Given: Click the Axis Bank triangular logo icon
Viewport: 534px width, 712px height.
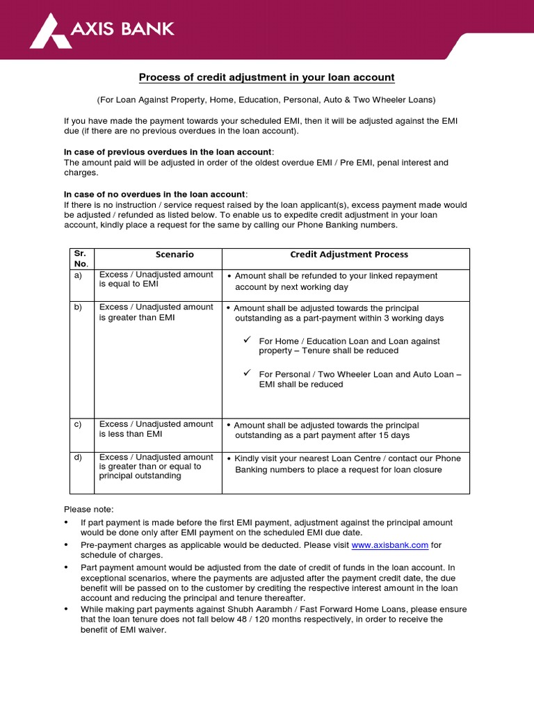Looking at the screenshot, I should click(49, 31).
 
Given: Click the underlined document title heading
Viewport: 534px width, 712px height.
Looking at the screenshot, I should click(267, 77).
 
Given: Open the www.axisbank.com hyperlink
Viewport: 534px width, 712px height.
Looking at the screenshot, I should click(390, 545).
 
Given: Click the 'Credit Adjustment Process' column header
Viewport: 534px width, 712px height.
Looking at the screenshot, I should click(349, 255).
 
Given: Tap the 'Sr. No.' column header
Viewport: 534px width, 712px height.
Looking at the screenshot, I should click(81, 259).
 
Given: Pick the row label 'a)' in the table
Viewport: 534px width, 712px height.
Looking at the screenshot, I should click(78, 275).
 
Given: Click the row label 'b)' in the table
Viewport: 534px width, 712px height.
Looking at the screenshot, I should click(78, 307).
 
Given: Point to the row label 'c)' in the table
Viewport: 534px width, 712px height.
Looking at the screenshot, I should click(78, 424).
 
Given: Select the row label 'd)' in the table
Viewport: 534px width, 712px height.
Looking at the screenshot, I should click(78, 457).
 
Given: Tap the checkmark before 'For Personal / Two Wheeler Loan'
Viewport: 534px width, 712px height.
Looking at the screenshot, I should click(246, 373).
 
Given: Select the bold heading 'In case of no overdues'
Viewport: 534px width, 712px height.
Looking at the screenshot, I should click(155, 194).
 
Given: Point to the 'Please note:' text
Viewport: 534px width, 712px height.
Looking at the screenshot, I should click(88, 510).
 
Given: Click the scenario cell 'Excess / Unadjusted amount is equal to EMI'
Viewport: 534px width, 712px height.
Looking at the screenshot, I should click(156, 279).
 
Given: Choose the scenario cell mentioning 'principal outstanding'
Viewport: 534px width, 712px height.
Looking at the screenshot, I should click(156, 467).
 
